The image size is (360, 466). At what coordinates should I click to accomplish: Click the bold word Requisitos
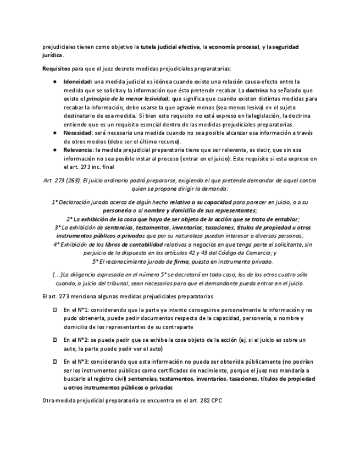(56, 68)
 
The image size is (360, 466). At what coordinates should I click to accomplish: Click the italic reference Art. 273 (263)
(60, 180)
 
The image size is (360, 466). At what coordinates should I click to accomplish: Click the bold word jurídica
(53, 56)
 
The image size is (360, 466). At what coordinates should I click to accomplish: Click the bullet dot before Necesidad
(54, 133)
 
